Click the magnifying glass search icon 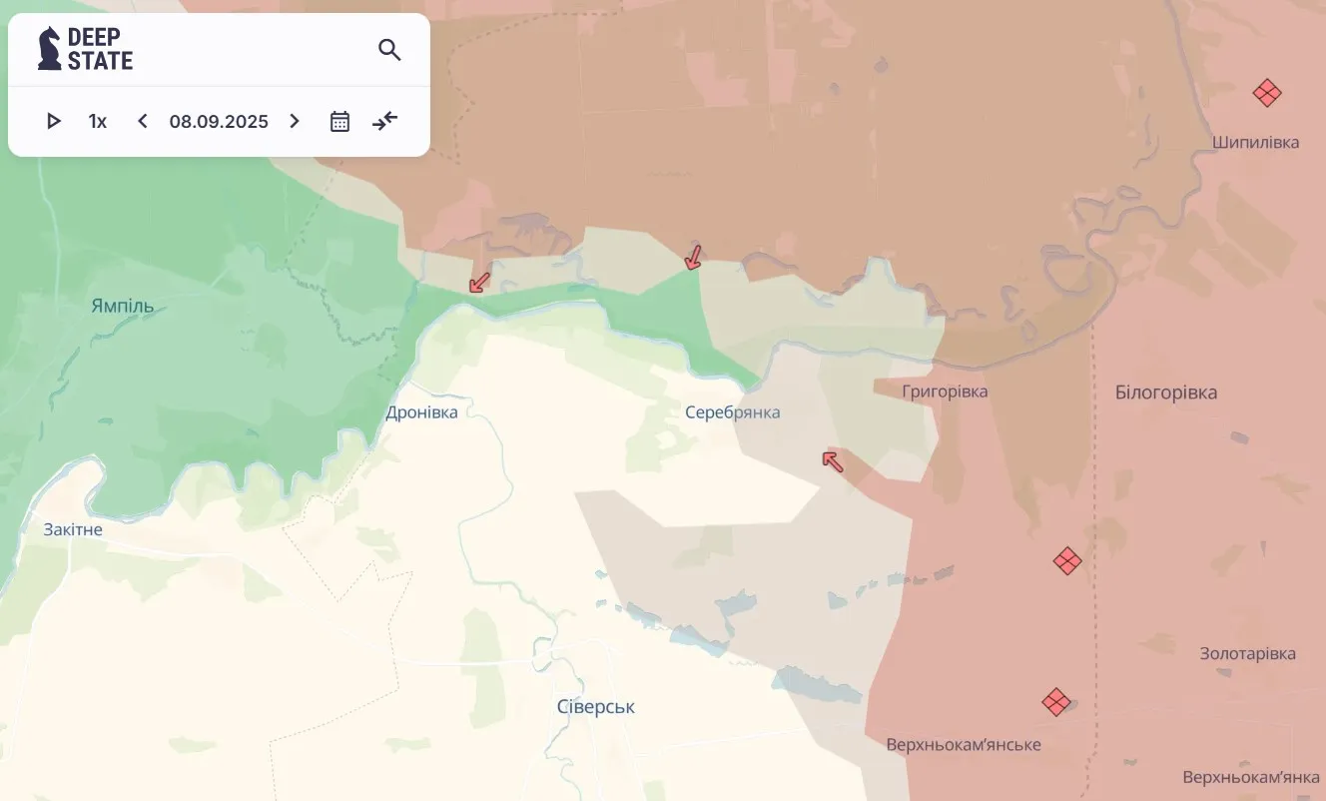389,49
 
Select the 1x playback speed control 98,121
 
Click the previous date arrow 143,121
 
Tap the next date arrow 295,121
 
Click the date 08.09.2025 219,122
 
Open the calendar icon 339,121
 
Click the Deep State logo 85,48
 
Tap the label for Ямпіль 122,306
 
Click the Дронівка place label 421,412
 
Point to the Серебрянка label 732,412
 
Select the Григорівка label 944,392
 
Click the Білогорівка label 1165,393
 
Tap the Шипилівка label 1255,143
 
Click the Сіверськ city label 595,707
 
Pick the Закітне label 73,529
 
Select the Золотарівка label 1247,654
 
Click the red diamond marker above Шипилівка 1266,93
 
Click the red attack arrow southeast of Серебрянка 832,460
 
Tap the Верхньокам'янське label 963,745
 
